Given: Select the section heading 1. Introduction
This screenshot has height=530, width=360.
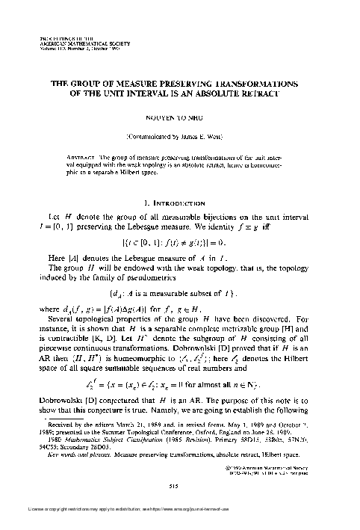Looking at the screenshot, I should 179,181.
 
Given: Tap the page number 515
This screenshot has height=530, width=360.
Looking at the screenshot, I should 179,484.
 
